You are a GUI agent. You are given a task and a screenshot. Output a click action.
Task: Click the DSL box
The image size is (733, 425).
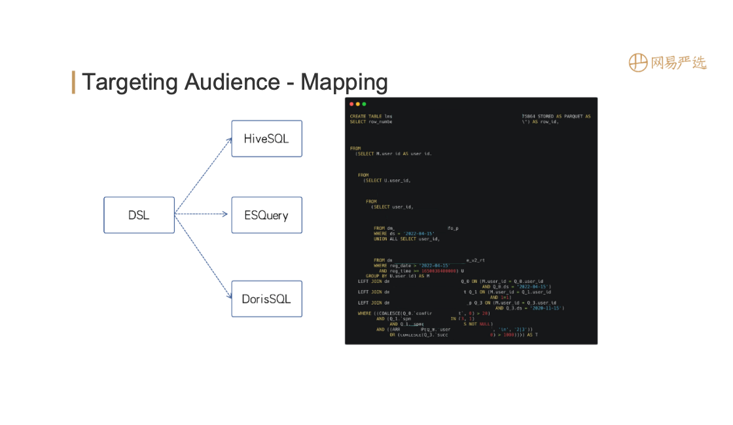139,215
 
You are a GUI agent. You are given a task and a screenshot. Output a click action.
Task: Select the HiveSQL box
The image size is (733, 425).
266,138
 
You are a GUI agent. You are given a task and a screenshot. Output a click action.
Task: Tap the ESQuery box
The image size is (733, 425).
266,215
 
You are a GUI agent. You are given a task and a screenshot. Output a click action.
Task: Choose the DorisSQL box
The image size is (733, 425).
266,299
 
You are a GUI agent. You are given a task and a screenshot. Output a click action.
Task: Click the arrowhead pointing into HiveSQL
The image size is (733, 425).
228,139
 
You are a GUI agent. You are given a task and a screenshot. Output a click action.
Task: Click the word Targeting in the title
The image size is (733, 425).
130,83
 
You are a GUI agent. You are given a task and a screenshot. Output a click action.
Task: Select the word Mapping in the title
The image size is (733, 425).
344,83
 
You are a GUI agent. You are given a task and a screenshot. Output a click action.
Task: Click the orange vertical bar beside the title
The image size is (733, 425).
73,82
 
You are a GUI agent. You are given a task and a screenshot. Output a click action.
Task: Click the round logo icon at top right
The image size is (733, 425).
638,62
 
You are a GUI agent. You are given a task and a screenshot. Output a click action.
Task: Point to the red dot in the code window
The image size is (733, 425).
351,104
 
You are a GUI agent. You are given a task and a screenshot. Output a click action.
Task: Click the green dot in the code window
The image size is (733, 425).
364,104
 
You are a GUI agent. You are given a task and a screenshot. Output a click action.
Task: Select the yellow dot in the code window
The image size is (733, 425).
357,104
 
